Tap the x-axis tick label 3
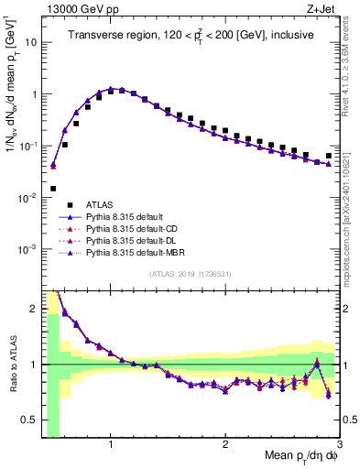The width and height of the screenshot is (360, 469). (x=339, y=443)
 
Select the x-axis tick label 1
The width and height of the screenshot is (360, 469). (x=111, y=443)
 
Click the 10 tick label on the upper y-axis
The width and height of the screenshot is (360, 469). (x=30, y=42)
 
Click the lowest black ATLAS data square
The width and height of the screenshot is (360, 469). (x=53, y=189)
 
